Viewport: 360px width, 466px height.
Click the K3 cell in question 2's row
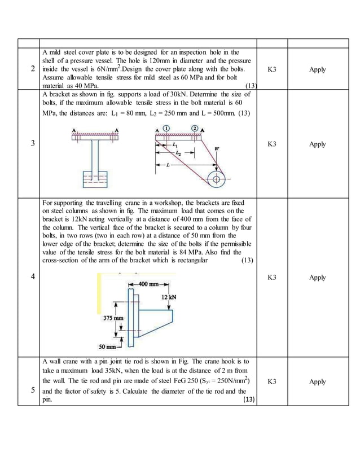coord(271,69)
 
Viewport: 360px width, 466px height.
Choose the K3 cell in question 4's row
coord(271,277)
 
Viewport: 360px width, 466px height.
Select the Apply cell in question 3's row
coord(318,144)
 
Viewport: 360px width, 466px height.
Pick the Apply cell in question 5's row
coord(318,381)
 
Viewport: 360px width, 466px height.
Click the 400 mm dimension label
coord(150,284)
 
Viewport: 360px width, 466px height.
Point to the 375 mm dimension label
coord(113,318)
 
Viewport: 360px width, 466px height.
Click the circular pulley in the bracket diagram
coord(215,180)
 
